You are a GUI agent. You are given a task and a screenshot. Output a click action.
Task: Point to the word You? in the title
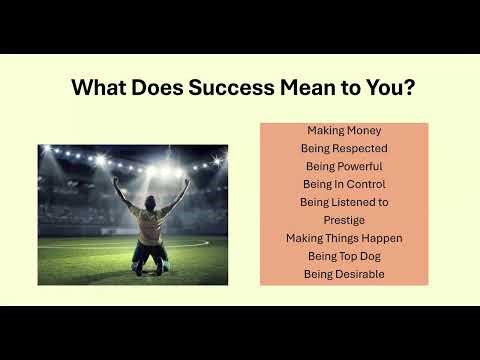(x=390, y=87)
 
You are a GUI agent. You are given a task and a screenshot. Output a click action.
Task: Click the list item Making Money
(x=344, y=130)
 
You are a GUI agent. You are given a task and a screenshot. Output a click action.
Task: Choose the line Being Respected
(x=344, y=148)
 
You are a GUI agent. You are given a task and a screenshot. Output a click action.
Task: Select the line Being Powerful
(x=344, y=166)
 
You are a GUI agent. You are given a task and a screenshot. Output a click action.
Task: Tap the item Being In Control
(x=344, y=184)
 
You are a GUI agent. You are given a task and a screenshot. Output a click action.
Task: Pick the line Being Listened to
(x=344, y=202)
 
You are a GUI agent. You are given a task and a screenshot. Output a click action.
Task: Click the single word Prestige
(x=344, y=220)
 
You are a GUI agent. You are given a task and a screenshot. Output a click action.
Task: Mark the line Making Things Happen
(x=344, y=238)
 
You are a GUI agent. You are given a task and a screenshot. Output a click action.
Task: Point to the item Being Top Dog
(x=344, y=256)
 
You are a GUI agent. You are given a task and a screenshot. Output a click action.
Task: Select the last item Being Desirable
(x=344, y=274)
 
